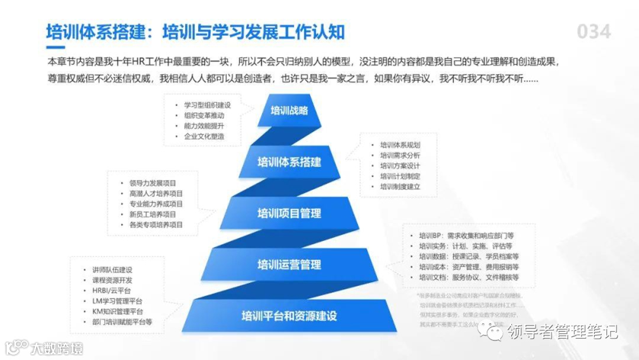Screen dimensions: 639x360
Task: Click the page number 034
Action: click(593, 31)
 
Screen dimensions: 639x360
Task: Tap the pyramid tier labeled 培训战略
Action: click(289, 110)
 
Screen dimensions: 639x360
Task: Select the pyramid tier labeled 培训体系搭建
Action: click(289, 162)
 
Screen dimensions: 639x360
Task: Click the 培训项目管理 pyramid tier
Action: click(289, 213)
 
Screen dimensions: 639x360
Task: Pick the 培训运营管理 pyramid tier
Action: click(289, 264)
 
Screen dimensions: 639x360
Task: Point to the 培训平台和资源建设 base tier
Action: click(289, 316)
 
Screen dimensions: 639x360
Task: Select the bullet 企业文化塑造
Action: click(204, 137)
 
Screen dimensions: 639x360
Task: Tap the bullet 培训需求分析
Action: click(400, 155)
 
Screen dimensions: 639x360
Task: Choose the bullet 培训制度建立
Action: click(400, 187)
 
